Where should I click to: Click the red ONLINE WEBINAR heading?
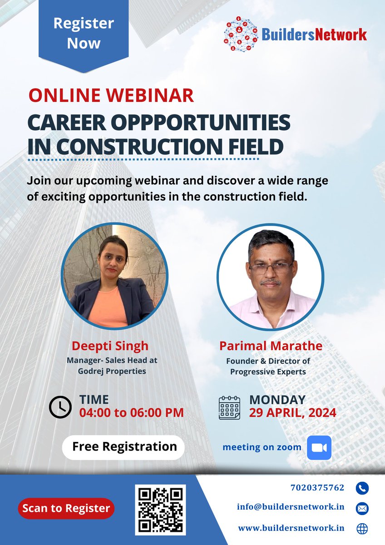(x=111, y=95)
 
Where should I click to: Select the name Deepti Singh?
(x=110, y=346)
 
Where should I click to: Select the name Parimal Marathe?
(x=271, y=346)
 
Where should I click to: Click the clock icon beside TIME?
(x=60, y=407)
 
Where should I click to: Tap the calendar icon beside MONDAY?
(x=229, y=407)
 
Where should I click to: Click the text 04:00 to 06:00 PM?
(x=132, y=413)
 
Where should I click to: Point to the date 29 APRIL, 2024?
(x=292, y=413)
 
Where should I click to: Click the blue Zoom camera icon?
(x=319, y=447)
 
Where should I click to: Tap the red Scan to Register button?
(x=66, y=508)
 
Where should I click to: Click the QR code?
(x=160, y=510)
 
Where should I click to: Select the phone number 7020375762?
(x=317, y=488)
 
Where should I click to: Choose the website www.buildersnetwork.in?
(x=291, y=528)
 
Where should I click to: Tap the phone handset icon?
(x=362, y=488)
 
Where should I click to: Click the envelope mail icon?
(x=362, y=508)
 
